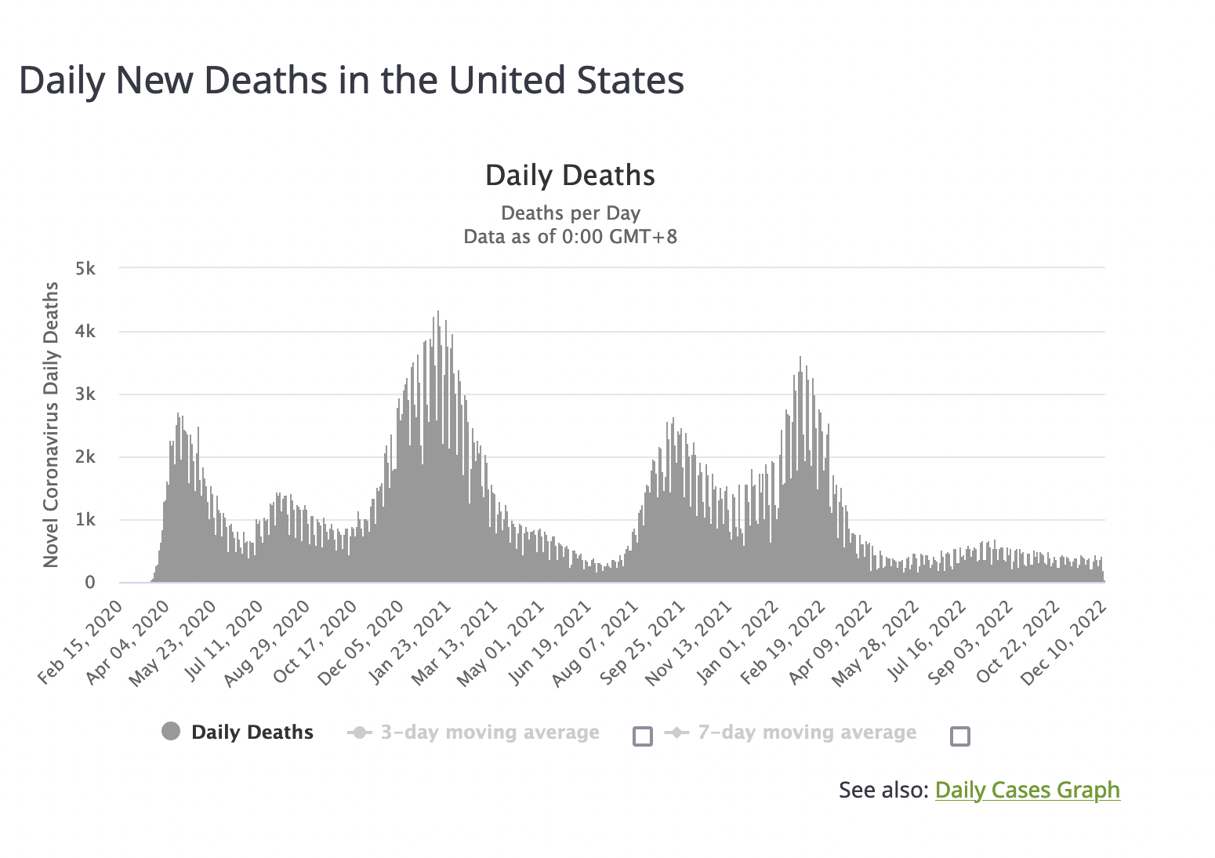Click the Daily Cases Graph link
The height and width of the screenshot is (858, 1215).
click(x=1027, y=790)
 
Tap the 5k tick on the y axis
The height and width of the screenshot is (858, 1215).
click(x=85, y=268)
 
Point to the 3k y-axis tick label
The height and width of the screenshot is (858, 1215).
click(x=85, y=394)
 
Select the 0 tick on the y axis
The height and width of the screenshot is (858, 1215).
click(x=90, y=583)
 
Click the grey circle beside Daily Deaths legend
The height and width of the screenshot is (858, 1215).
click(x=171, y=732)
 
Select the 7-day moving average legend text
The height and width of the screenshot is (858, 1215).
click(x=807, y=733)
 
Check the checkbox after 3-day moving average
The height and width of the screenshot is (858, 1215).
click(x=643, y=736)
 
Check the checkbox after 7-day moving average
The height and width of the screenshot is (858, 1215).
click(x=960, y=736)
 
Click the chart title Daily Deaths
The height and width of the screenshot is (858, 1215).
click(x=570, y=176)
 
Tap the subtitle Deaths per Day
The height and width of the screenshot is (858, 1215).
click(x=570, y=213)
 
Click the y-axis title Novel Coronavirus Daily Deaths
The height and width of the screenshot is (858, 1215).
click(x=51, y=424)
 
